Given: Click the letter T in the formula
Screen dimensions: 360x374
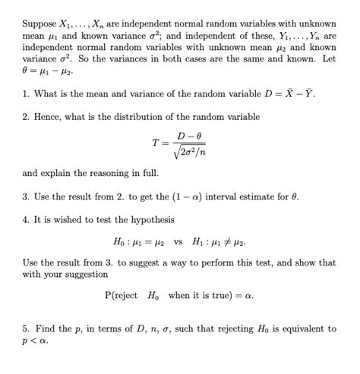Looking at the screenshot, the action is pyautogui.click(x=156, y=143).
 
